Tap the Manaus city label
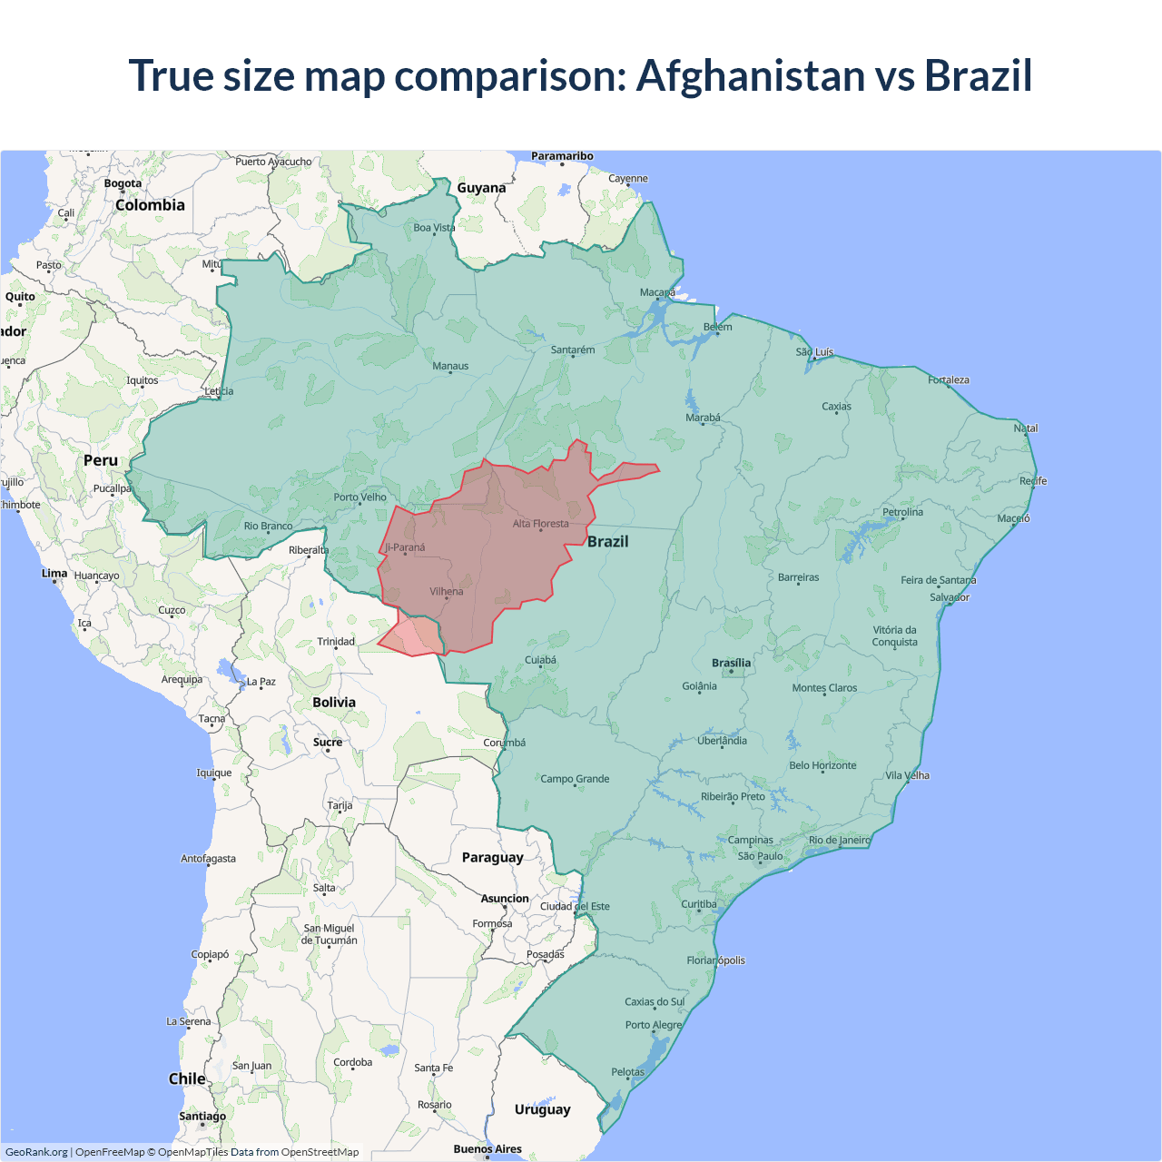click(x=450, y=366)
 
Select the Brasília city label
click(x=731, y=663)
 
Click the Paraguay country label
click(x=492, y=857)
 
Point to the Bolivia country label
click(x=334, y=702)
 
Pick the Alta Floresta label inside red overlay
click(x=540, y=524)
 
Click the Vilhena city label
click(x=446, y=591)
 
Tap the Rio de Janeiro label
click(x=839, y=840)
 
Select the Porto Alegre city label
click(x=653, y=1025)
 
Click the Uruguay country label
click(x=542, y=1109)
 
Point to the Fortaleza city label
click(x=948, y=379)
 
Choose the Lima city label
click(x=54, y=573)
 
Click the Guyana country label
click(x=481, y=188)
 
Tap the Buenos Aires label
click(x=487, y=1148)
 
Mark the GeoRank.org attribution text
click(x=36, y=1152)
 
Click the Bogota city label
click(x=123, y=183)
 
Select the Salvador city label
click(x=949, y=597)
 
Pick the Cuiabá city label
click(x=540, y=660)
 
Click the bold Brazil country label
click(x=607, y=541)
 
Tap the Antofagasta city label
click(x=208, y=858)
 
